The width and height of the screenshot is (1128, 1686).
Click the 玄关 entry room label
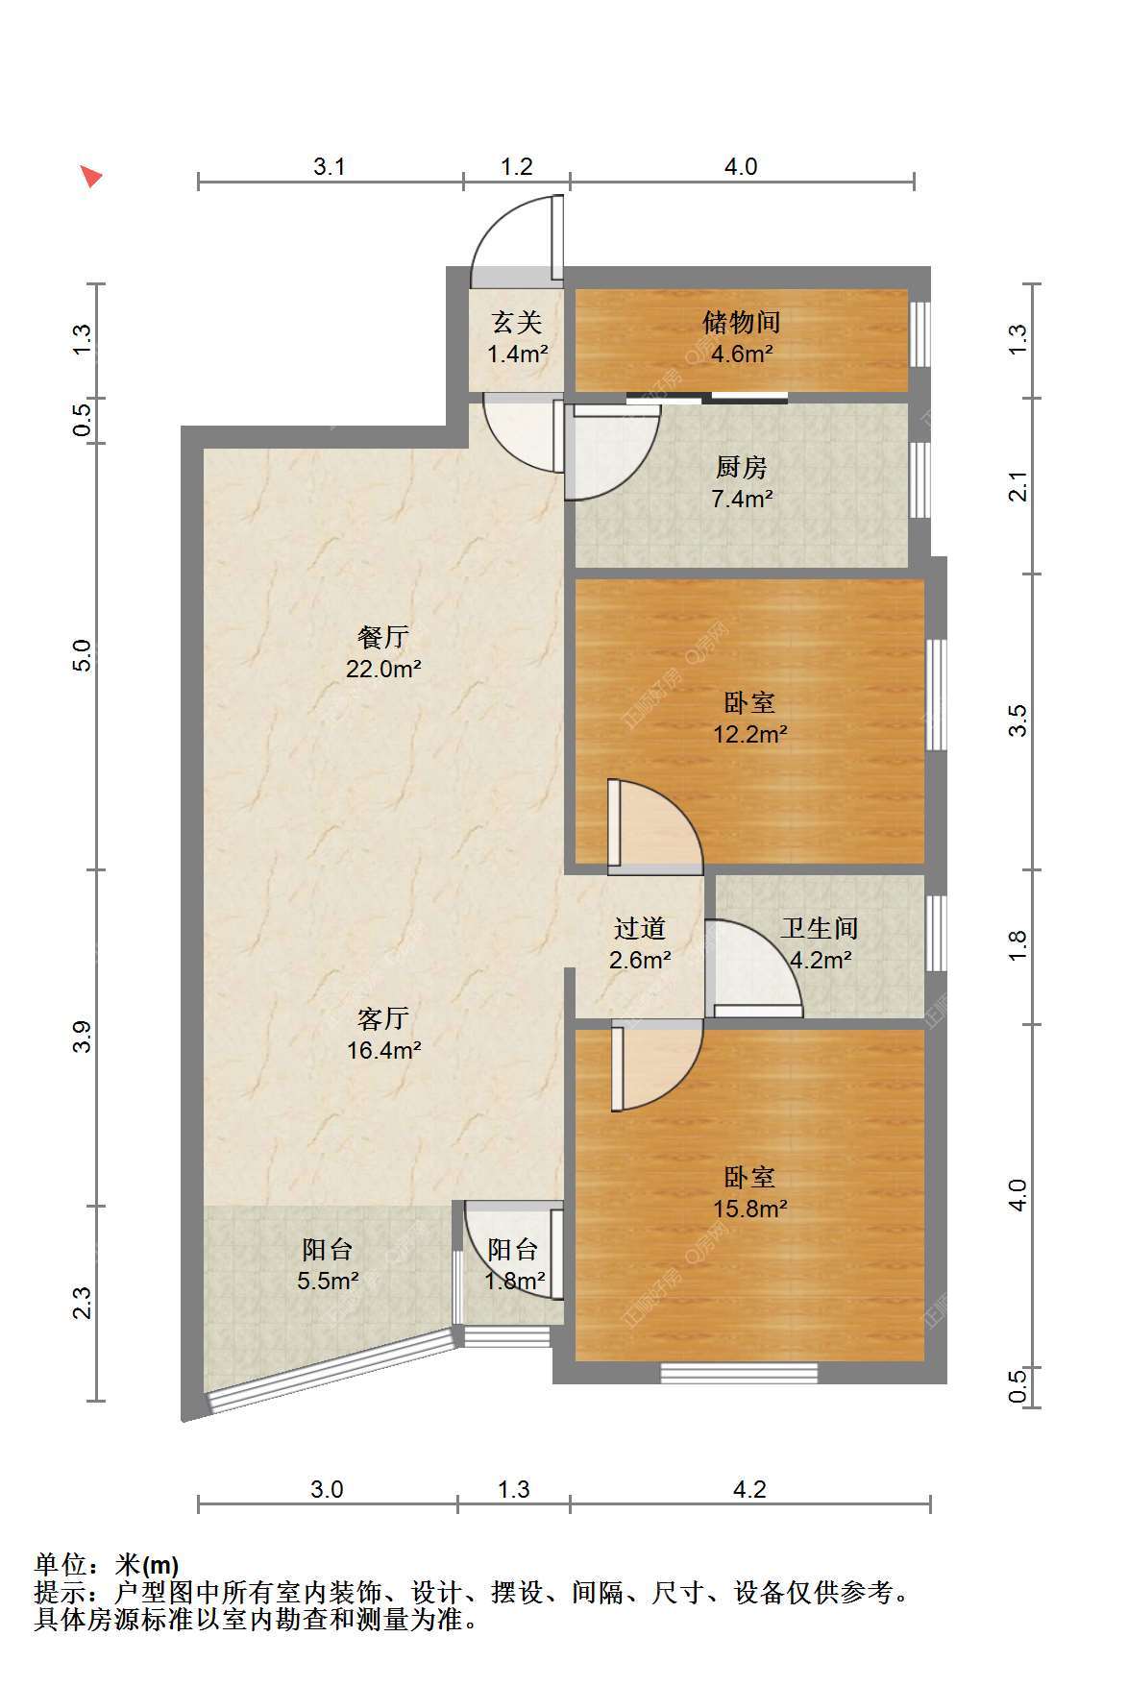click(517, 321)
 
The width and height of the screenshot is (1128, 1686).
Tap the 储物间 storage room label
click(741, 321)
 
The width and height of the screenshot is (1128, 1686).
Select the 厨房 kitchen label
click(741, 467)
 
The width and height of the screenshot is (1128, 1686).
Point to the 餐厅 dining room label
click(382, 637)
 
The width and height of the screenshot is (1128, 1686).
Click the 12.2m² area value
click(749, 734)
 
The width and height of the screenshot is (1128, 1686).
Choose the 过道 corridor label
click(640, 928)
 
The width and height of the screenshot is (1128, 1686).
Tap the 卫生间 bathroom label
click(819, 928)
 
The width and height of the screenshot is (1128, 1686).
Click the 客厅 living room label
click(382, 1017)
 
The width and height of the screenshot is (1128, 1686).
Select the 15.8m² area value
click(749, 1209)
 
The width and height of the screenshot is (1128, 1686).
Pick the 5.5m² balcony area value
click(328, 1281)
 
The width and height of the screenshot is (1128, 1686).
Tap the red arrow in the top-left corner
click(90, 176)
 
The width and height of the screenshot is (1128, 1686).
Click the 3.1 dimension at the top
click(330, 166)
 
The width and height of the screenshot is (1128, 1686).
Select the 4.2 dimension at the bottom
click(749, 1489)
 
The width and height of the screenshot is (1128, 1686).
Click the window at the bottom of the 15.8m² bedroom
click(739, 1373)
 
